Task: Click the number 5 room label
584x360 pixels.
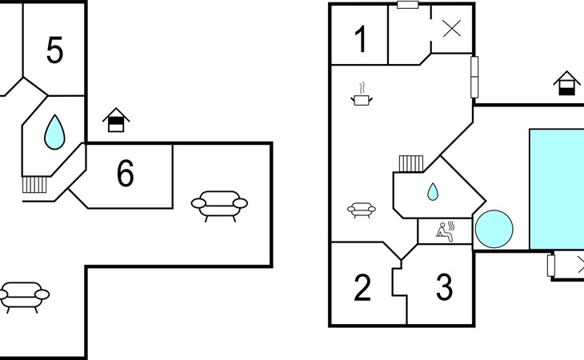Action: click(x=54, y=50)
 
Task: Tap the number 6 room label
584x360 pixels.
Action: click(x=126, y=174)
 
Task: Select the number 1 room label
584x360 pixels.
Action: click(x=361, y=39)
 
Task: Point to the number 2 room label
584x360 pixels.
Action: click(x=362, y=288)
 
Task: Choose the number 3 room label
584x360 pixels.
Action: click(x=444, y=288)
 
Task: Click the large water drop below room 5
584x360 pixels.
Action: click(x=54, y=131)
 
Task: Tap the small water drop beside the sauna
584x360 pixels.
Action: click(x=433, y=192)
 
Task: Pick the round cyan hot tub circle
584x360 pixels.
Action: click(x=494, y=230)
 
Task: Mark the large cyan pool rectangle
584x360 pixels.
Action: click(x=557, y=189)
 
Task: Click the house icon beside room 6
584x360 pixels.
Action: click(x=116, y=121)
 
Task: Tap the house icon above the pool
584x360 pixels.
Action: click(x=566, y=84)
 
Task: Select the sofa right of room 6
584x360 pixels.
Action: click(x=219, y=204)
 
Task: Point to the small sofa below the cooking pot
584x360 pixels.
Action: click(x=362, y=210)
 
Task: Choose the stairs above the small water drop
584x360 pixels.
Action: click(x=410, y=163)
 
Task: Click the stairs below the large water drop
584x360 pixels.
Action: click(x=34, y=184)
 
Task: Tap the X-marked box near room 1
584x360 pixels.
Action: click(x=452, y=29)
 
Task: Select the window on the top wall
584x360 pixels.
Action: click(x=408, y=5)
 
